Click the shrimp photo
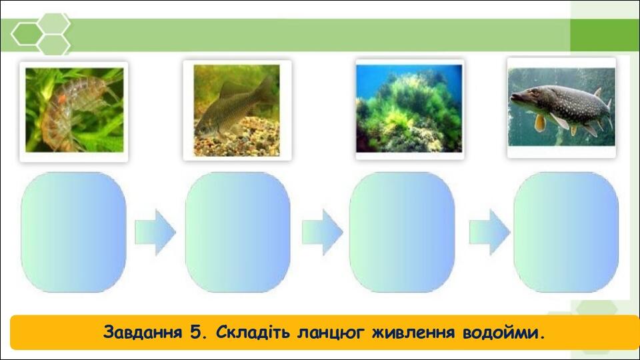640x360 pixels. click(x=73, y=111)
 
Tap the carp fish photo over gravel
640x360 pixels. click(x=237, y=111)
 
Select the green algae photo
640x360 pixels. click(x=409, y=109)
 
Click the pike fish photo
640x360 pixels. click(x=561, y=107)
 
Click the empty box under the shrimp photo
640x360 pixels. click(x=73, y=232)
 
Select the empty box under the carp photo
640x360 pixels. click(x=237, y=232)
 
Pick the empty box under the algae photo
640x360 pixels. click(x=402, y=232)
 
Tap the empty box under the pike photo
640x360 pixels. click(x=566, y=232)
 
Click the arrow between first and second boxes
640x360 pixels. click(x=155, y=232)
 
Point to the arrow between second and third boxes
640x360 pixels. click(x=322, y=232)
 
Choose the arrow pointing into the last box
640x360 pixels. click(x=489, y=232)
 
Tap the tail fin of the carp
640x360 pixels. click(x=266, y=90)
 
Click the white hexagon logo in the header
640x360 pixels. click(x=41, y=33)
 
